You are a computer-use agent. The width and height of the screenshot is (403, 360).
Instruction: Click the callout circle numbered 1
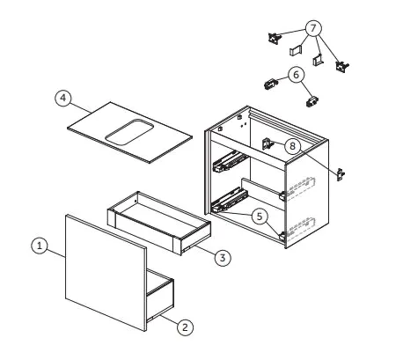click(x=40, y=246)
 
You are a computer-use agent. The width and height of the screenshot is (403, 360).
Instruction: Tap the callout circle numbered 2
click(x=185, y=327)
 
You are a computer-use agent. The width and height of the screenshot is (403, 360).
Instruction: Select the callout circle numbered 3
click(x=223, y=258)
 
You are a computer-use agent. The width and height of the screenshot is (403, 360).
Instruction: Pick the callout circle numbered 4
click(x=63, y=98)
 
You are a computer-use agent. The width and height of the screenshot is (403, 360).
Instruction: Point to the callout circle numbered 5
click(x=260, y=217)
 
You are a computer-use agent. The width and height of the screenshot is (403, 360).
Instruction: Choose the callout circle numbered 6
click(x=297, y=75)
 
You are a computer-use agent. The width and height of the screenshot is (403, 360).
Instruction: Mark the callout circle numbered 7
click(x=313, y=28)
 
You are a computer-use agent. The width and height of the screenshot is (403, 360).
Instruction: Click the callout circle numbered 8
click(x=292, y=146)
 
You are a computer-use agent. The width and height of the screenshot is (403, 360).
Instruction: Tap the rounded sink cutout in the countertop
click(x=129, y=132)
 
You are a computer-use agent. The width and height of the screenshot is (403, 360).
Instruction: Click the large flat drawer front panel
click(x=106, y=273)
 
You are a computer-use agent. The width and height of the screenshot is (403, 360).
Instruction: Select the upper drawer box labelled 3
click(x=159, y=223)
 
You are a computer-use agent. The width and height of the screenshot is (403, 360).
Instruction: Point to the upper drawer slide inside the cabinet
click(x=229, y=161)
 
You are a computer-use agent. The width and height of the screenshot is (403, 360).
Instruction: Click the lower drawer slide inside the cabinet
click(x=230, y=200)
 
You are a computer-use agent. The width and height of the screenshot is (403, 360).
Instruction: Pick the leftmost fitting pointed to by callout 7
click(x=275, y=39)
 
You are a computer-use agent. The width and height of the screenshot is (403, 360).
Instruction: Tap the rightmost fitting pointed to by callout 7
click(x=342, y=67)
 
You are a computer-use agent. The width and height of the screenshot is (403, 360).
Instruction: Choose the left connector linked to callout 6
click(x=270, y=84)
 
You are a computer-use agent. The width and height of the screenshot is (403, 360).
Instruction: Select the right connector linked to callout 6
click(x=312, y=101)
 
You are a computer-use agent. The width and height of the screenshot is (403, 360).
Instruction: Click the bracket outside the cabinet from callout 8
click(x=341, y=175)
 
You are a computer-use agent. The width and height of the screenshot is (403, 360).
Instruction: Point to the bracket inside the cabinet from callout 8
click(x=267, y=143)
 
